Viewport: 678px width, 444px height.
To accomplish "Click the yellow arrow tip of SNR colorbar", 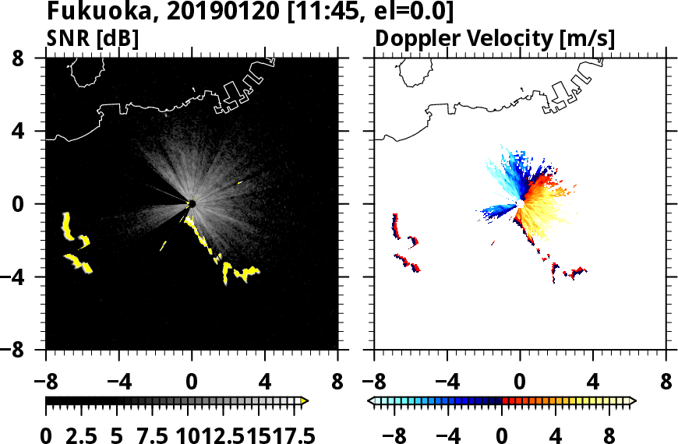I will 305,400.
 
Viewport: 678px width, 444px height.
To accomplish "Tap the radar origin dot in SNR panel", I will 192,204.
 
